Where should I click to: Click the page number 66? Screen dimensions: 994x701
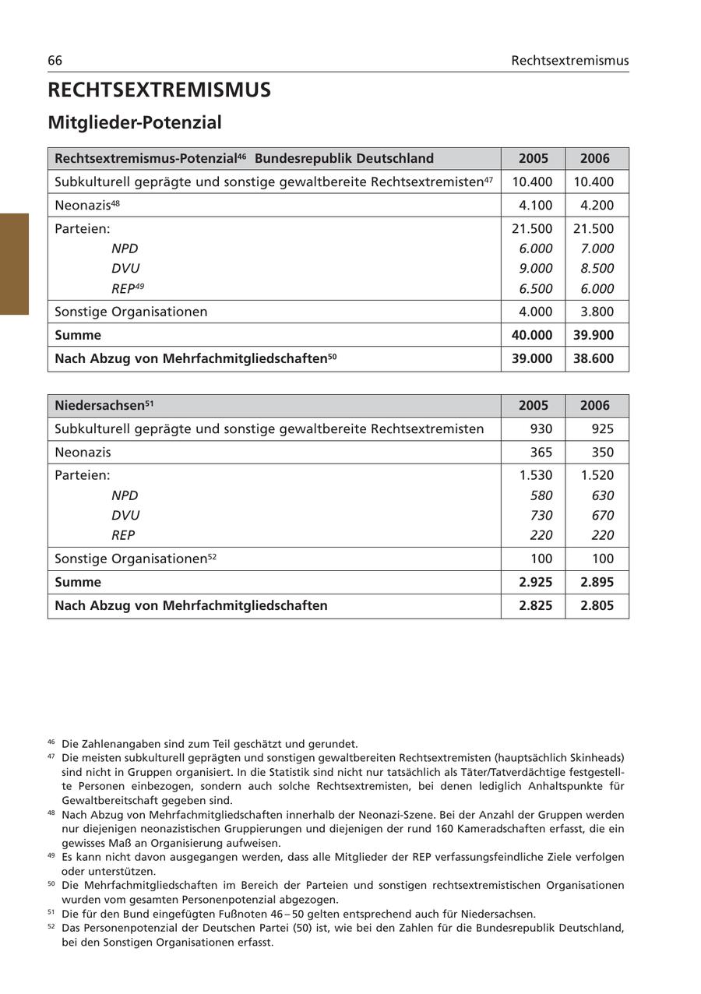[x=55, y=61]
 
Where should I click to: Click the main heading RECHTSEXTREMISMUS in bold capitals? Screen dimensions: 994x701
[x=160, y=90]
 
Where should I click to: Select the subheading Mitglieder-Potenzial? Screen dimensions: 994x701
[x=135, y=122]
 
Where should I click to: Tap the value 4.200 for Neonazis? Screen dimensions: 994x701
[x=597, y=206]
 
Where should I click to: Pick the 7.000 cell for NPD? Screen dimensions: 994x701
[x=597, y=248]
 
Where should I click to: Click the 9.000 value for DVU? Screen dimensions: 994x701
[x=535, y=269]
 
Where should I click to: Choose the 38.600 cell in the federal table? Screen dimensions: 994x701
[x=597, y=358]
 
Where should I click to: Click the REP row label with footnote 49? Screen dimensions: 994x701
[x=128, y=288]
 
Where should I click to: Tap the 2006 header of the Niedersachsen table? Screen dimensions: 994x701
[x=595, y=406]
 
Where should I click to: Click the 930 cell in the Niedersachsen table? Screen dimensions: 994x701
[x=541, y=429]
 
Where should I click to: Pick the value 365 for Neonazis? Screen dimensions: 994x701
[x=541, y=453]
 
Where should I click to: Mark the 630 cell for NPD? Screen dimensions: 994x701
[x=602, y=495]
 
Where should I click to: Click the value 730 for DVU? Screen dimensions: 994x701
[x=541, y=516]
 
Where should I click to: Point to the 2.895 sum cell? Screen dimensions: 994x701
[x=597, y=582]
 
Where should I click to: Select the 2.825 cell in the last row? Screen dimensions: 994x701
[x=535, y=605]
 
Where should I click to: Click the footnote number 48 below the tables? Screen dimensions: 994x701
[x=51, y=813]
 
